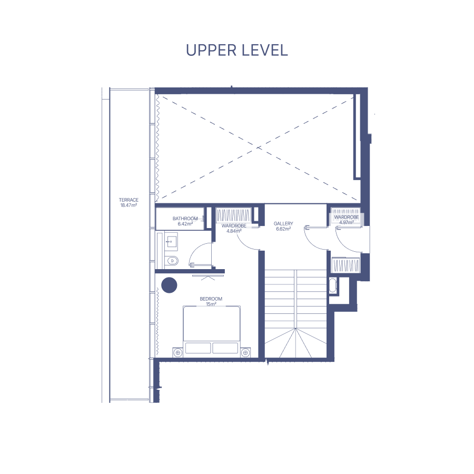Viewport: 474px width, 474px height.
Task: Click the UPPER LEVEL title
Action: point(236,50)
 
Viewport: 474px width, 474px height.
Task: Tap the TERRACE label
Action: point(129,200)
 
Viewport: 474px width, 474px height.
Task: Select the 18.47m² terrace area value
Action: point(129,205)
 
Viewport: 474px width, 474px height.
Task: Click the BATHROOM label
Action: point(185,218)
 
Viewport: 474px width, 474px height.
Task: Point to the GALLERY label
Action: point(283,223)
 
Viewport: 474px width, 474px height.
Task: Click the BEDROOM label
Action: point(211,299)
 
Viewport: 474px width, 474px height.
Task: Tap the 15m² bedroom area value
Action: point(211,304)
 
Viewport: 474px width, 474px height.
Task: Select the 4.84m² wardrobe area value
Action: point(234,231)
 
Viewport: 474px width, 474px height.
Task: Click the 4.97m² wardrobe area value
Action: point(347,222)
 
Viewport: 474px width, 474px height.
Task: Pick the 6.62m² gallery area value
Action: point(283,229)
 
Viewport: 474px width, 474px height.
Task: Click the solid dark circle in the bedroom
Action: point(169,285)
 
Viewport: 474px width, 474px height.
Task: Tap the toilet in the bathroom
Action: point(172,260)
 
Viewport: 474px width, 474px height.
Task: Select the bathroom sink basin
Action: point(171,242)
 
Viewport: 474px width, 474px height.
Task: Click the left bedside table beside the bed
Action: point(177,352)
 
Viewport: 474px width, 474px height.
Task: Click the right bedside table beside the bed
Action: point(245,352)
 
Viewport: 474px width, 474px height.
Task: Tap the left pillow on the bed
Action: point(198,348)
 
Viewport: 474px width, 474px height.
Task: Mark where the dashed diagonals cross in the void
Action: point(259,148)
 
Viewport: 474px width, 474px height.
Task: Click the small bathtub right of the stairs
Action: point(332,285)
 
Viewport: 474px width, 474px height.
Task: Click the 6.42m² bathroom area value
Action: point(185,224)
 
